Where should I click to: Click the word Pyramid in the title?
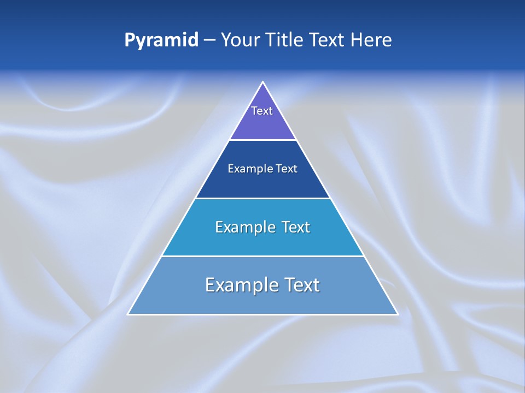(161, 40)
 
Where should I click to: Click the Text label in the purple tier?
(262, 111)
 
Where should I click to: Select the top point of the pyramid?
(263, 82)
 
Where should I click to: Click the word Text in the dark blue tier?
(287, 169)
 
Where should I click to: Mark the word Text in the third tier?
(296, 227)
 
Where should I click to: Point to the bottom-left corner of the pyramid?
(129, 314)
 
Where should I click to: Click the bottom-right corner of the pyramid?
(397, 314)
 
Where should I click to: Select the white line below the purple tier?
(263, 140)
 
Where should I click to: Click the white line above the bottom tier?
(263, 256)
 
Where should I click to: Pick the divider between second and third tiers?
(263, 198)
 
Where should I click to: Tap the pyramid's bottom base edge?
(263, 314)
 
